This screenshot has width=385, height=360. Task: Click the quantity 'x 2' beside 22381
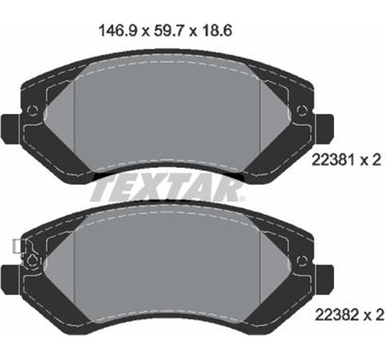(371, 163)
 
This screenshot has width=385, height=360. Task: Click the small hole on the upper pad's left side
(33, 112)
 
